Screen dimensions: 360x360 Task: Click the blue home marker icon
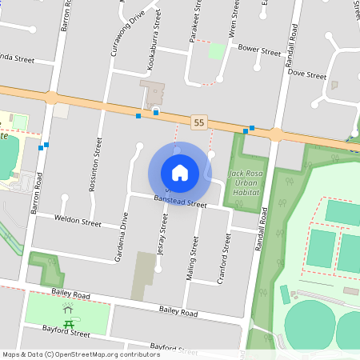coord(180,173)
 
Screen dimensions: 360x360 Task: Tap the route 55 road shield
coord(199,122)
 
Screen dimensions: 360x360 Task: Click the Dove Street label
coord(307,75)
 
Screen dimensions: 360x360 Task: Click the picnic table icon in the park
coord(70,322)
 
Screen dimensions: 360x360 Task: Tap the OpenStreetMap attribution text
coord(81,354)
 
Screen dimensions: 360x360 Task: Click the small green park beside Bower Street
coord(217,51)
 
